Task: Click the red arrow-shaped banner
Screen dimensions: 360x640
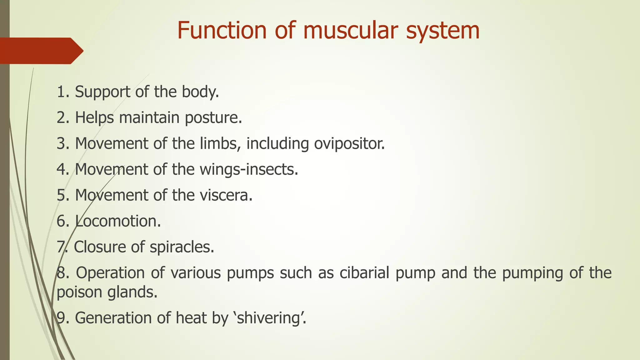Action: coord(41,51)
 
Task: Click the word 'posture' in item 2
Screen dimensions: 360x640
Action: coord(212,118)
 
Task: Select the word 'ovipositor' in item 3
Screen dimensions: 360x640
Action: coord(348,144)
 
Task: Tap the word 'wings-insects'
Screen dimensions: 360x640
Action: coord(248,170)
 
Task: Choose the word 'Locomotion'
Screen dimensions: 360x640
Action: coord(117,221)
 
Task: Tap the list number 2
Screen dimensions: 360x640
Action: coord(61,118)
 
